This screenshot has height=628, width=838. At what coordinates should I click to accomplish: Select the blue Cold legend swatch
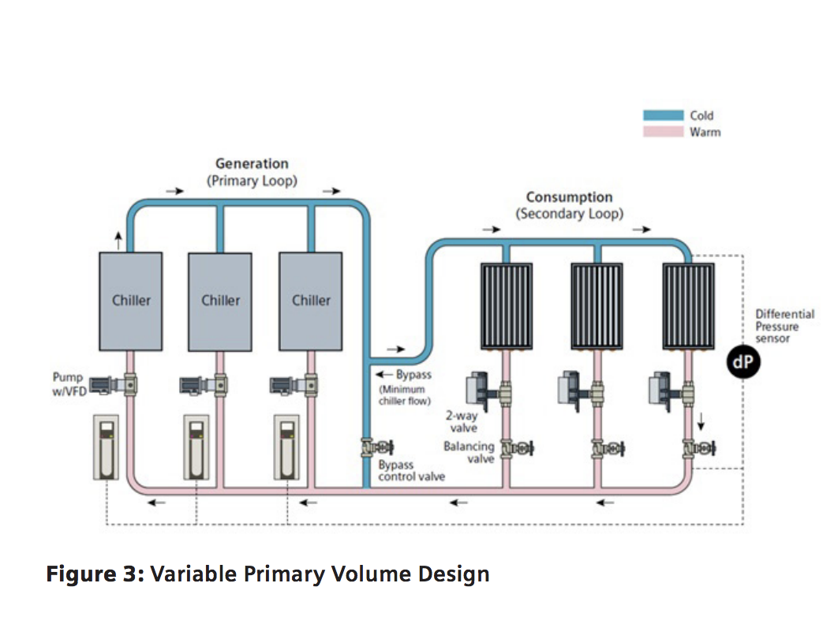[x=662, y=115]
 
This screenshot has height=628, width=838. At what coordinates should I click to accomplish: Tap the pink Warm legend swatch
[x=662, y=132]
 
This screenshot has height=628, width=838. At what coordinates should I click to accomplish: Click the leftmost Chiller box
[x=131, y=301]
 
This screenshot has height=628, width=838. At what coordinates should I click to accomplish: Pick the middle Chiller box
[x=221, y=301]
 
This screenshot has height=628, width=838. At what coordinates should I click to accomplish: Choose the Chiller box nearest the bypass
[x=311, y=301]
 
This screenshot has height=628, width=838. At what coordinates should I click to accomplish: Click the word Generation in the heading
[x=252, y=163]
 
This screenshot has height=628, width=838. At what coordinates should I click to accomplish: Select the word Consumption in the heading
[x=569, y=197]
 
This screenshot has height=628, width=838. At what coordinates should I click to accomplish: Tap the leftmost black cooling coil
[x=506, y=306]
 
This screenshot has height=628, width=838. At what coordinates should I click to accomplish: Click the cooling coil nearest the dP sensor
[x=687, y=306]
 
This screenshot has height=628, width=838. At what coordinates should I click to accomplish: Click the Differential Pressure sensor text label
[x=784, y=326]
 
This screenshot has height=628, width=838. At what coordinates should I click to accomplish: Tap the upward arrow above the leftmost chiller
[x=118, y=239]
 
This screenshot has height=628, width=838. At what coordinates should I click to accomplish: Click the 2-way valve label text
[x=463, y=422]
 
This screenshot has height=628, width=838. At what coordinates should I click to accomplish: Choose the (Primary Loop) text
[x=252, y=180]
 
